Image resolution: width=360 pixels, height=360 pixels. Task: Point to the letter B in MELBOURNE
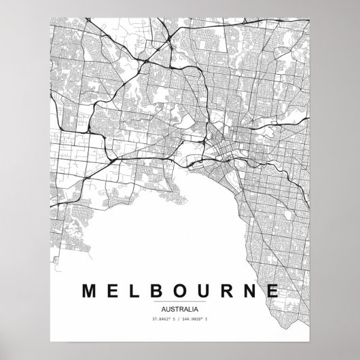[158, 291]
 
